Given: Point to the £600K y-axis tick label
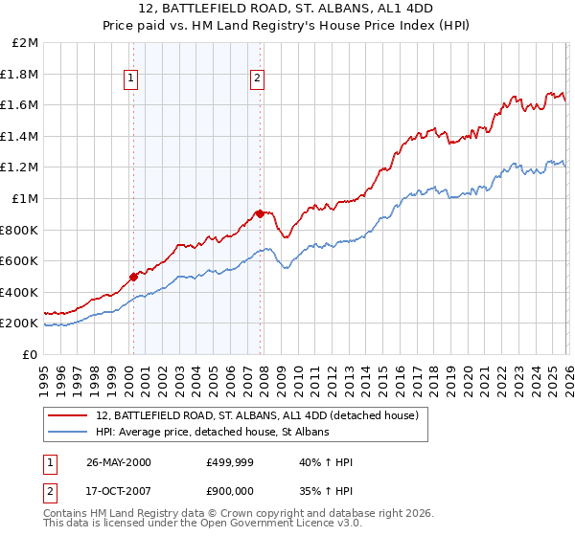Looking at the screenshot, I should click(x=19, y=260).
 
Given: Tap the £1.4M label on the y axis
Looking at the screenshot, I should click(x=19, y=136).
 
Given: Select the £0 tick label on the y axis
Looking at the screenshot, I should click(x=30, y=354).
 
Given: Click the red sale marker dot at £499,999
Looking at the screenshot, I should click(x=134, y=277).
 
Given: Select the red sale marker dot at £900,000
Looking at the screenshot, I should click(x=260, y=213).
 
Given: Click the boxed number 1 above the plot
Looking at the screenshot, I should click(x=131, y=79).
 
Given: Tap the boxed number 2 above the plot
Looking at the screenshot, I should click(x=258, y=79).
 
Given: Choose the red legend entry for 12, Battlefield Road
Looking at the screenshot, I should click(x=257, y=415).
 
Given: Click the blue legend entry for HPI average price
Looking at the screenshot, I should click(x=212, y=433).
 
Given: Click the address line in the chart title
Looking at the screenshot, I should click(x=287, y=10).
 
